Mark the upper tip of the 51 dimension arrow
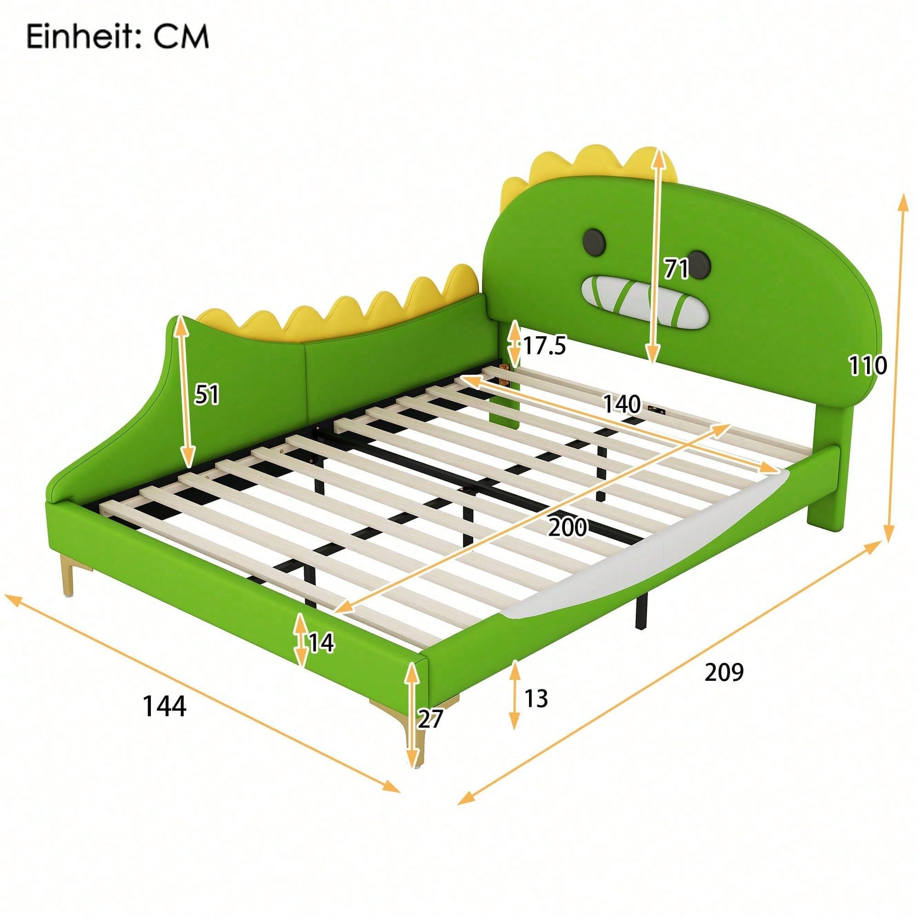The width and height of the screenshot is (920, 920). pyautogui.click(x=181, y=317)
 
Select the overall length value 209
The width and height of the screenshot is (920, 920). pyautogui.click(x=724, y=672)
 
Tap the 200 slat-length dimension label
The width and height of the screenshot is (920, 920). pyautogui.click(x=567, y=528)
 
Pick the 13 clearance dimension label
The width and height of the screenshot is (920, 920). pyautogui.click(x=536, y=698)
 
